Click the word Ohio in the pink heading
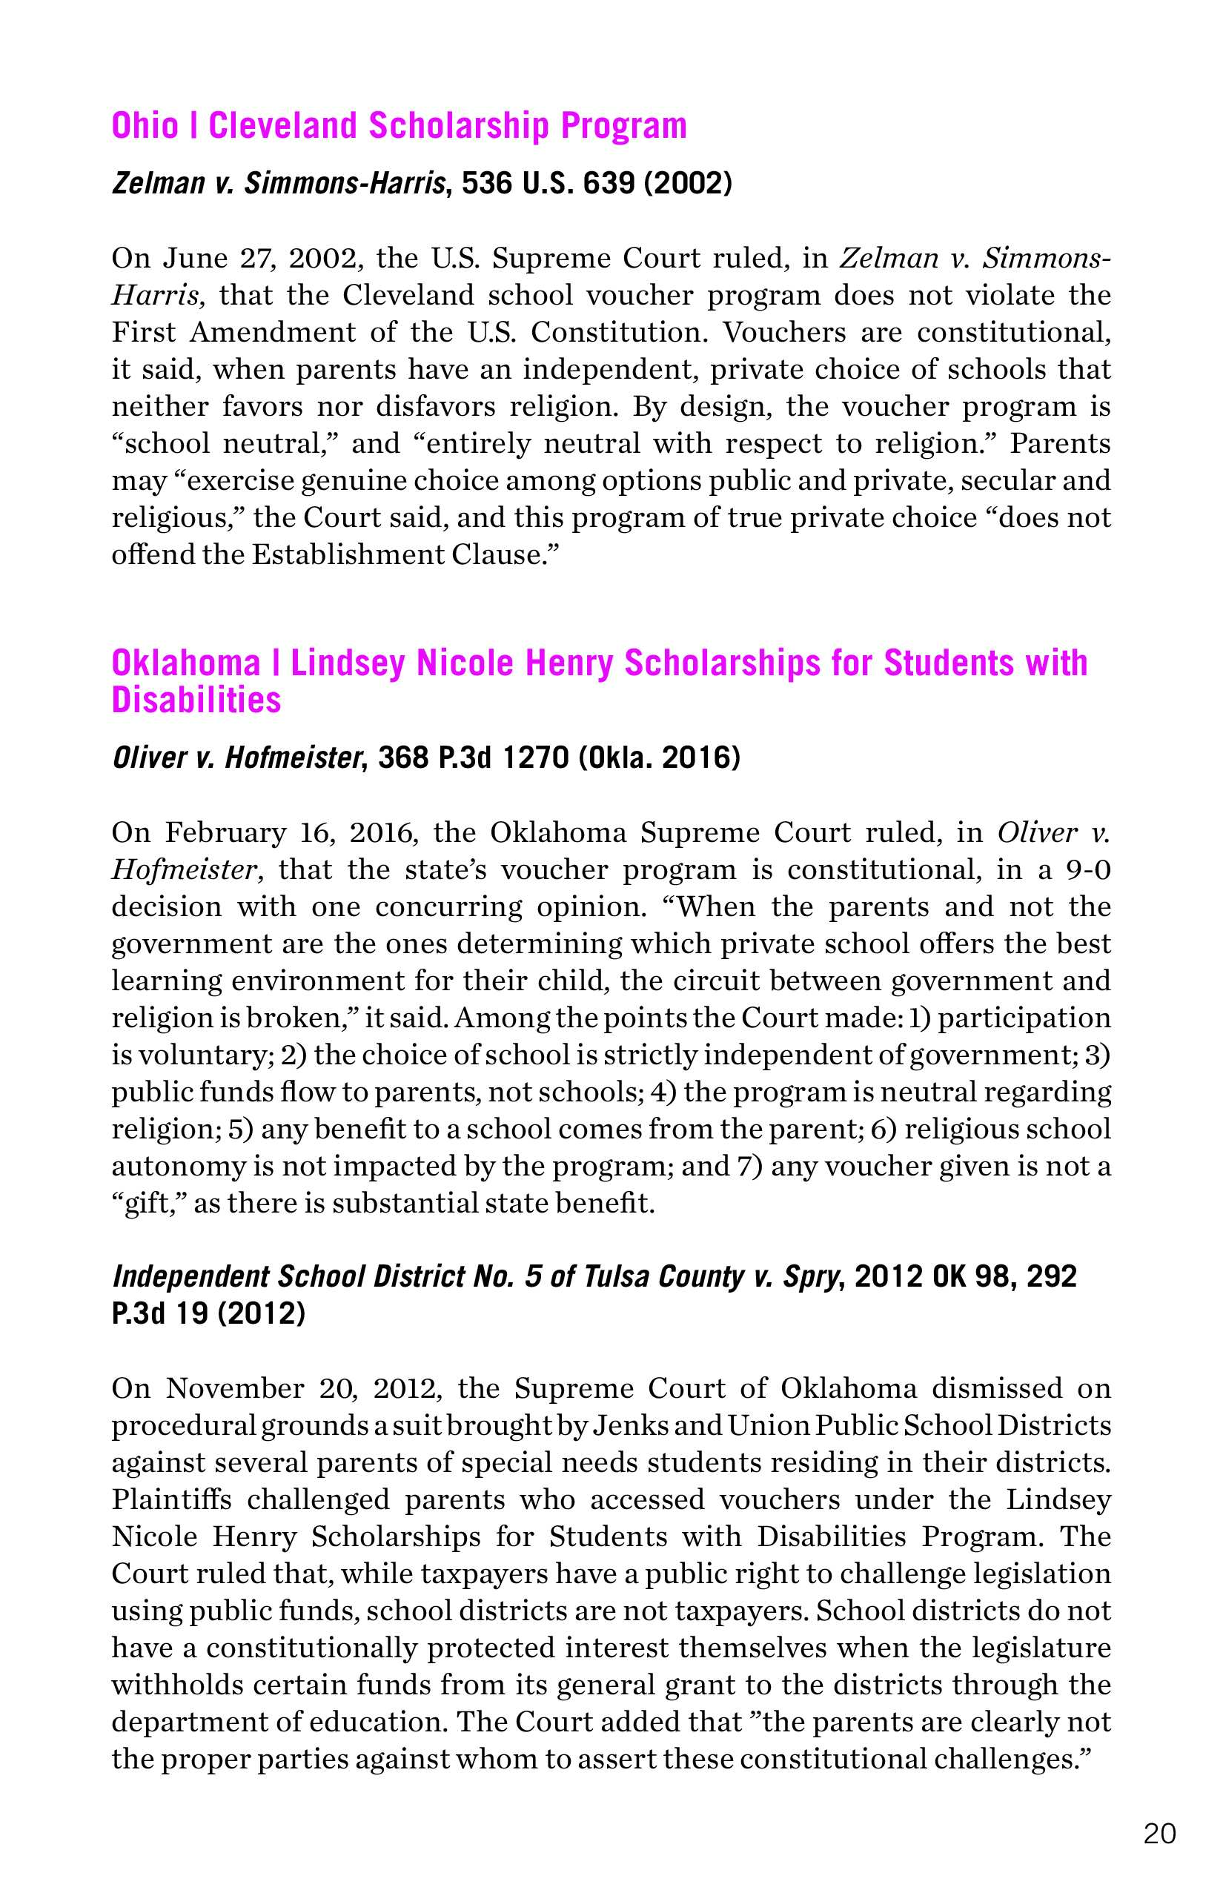(x=145, y=125)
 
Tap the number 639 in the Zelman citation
(x=609, y=184)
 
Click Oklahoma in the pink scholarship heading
(x=186, y=663)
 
